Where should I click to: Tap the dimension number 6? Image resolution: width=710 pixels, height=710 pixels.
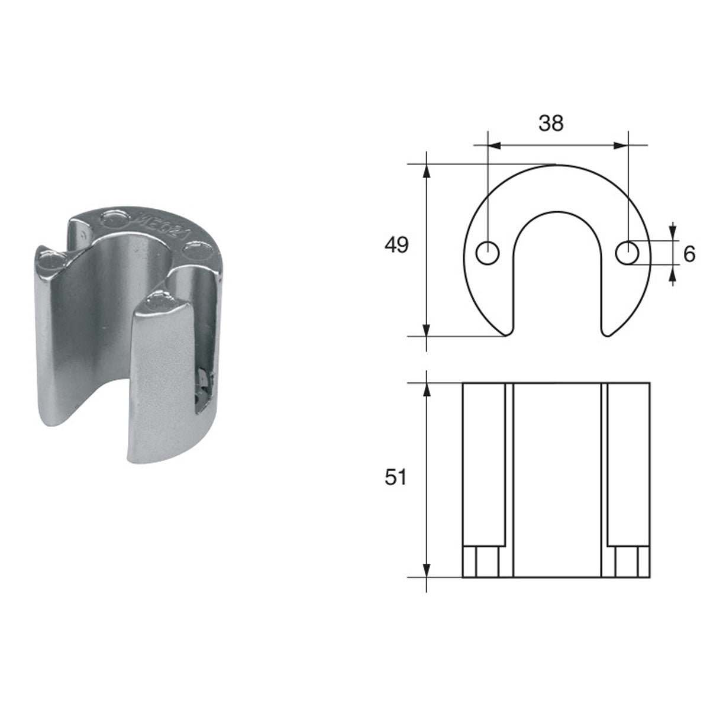click(688, 254)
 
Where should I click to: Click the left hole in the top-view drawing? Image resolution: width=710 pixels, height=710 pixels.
click(488, 253)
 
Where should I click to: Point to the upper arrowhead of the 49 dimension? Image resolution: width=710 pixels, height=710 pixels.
click(425, 171)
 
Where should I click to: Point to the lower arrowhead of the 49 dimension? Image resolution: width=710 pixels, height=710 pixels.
click(425, 329)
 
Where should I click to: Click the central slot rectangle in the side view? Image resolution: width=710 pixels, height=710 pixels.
click(556, 479)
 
